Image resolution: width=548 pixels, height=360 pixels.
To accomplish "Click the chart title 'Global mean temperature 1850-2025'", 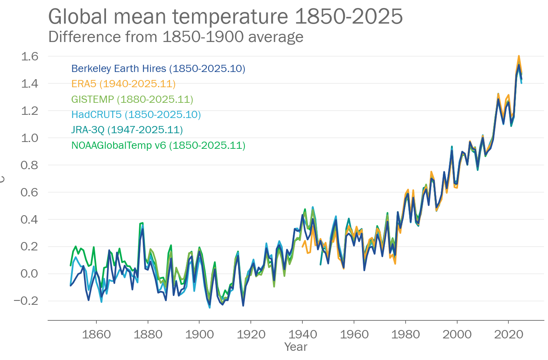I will pyautogui.click(x=225, y=17).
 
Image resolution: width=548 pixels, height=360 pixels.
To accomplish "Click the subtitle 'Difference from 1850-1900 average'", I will pyautogui.click(x=176, y=37).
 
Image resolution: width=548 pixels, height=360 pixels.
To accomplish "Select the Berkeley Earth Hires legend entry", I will pyautogui.click(x=158, y=68).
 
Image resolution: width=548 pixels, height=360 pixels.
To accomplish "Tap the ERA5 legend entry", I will pyautogui.click(x=123, y=84).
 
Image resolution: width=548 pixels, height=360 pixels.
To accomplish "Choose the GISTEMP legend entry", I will pyautogui.click(x=132, y=99).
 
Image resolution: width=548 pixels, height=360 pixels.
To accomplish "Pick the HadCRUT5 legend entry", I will pyautogui.click(x=136, y=114).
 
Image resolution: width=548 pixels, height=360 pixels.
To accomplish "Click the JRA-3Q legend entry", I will pyautogui.click(x=127, y=130).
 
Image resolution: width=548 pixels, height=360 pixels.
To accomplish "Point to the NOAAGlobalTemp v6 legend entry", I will pyautogui.click(x=158, y=145).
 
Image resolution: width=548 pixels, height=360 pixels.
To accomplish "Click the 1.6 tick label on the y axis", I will pyautogui.click(x=29, y=56).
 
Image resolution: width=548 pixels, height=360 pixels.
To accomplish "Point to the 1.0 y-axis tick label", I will pyautogui.click(x=29, y=138).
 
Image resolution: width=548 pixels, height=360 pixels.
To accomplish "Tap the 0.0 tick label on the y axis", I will pyautogui.click(x=29, y=274).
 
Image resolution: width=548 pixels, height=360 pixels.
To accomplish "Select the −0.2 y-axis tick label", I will pyautogui.click(x=26, y=301).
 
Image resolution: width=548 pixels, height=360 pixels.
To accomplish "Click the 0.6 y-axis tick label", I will pyautogui.click(x=29, y=192).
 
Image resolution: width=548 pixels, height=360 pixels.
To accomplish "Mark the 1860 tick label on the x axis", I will pyautogui.click(x=96, y=334).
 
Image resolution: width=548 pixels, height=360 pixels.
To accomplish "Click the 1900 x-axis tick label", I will pyautogui.click(x=199, y=334).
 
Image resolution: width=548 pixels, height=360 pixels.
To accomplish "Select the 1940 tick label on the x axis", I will pyautogui.click(x=302, y=334).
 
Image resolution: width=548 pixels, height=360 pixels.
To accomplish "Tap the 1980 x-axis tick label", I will pyautogui.click(x=406, y=334).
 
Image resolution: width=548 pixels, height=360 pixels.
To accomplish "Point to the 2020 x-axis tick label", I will pyautogui.click(x=508, y=334).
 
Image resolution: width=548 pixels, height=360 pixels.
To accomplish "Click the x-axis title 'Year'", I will pyautogui.click(x=296, y=347).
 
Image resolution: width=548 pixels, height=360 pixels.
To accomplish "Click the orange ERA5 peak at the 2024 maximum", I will pyautogui.click(x=519, y=56).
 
